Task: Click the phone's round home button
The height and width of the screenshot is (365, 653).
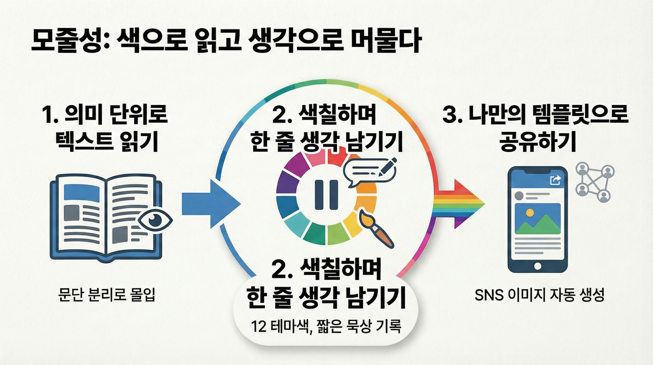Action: [x=537, y=266]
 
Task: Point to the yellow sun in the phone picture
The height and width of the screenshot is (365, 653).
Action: [x=529, y=212]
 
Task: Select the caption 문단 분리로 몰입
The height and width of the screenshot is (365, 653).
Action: [x=107, y=295]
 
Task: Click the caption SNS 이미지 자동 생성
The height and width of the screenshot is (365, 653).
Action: [x=540, y=295]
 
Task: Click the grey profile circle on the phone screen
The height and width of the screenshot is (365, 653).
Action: [x=519, y=196]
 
